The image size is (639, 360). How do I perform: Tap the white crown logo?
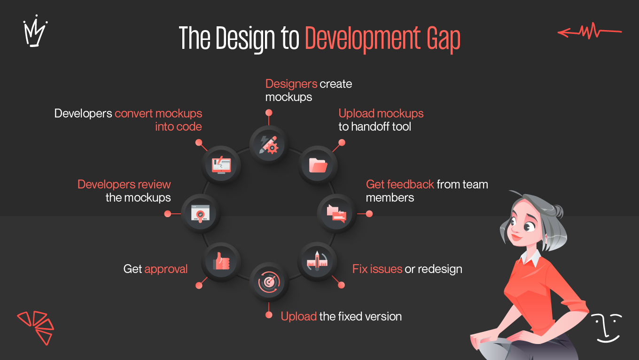tap(35, 32)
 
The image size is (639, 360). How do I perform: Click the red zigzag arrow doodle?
tap(589, 32)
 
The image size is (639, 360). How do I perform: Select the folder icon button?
tap(318, 164)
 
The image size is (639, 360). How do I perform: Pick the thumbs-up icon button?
tap(221, 261)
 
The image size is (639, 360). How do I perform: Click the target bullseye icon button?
tap(269, 282)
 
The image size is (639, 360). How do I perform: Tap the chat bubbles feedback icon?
tap(337, 213)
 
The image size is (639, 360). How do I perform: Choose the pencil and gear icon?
tap(269, 144)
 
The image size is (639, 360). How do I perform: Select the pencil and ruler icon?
tap(317, 261)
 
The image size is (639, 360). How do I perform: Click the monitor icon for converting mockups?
tap(221, 165)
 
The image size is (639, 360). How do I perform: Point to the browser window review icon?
tap(201, 214)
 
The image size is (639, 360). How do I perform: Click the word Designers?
tap(291, 84)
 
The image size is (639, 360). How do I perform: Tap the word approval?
tap(166, 269)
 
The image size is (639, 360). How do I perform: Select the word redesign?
tap(440, 269)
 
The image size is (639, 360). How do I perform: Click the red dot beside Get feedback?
tap(369, 214)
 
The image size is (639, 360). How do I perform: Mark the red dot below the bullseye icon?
tap(269, 315)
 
